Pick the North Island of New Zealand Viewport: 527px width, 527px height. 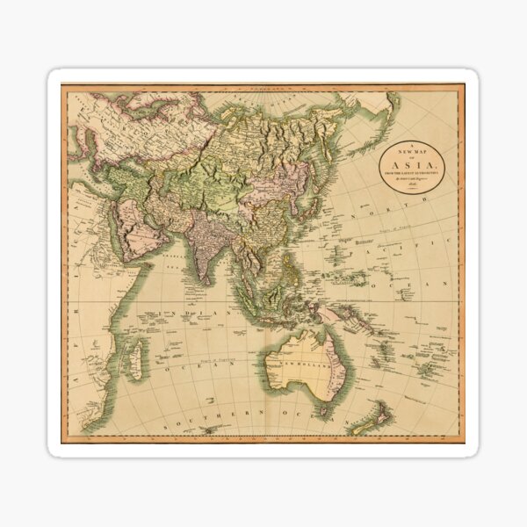tap(387, 408)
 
